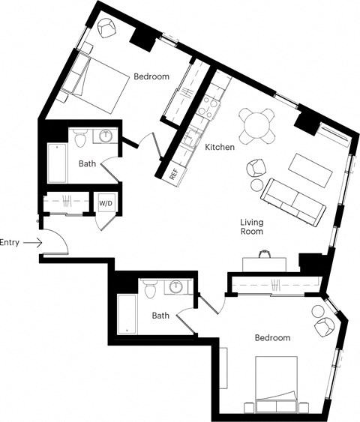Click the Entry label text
pos(10,242)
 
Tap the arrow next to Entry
pos(31,242)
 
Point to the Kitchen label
pos(219,148)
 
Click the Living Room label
pos(251,227)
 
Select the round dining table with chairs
pos(256,124)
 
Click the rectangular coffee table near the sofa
pos(313,169)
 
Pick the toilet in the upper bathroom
pos(81,138)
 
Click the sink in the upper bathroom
pos(106,136)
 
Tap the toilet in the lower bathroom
pos(151,289)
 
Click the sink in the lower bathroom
pos(178,287)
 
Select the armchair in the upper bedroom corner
pos(107,29)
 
